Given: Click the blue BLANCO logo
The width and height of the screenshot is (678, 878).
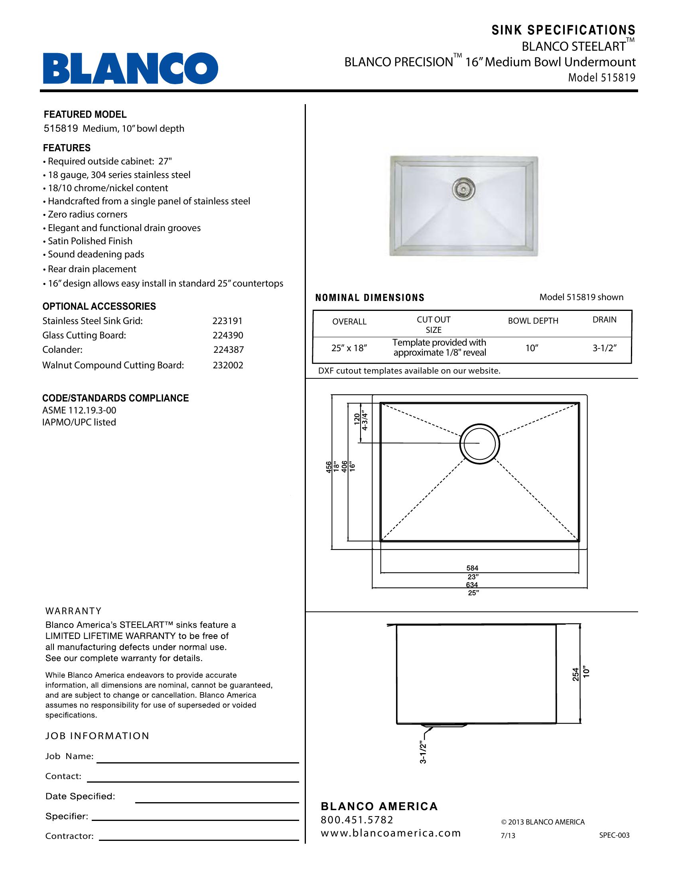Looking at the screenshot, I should click(130, 68).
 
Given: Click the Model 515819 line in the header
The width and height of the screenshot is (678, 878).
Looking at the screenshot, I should click(601, 77).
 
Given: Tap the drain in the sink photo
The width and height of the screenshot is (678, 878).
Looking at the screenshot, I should click(463, 188).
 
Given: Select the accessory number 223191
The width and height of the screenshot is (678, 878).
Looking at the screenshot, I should click(227, 321).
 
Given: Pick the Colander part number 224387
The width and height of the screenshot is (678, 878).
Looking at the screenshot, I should click(228, 350).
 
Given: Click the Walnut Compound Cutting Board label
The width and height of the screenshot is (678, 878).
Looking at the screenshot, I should click(113, 365).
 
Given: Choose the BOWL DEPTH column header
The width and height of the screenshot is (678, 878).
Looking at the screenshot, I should click(533, 321).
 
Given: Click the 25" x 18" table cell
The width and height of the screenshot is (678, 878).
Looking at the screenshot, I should click(349, 348).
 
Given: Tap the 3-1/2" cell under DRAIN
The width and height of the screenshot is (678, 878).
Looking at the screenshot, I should click(604, 348).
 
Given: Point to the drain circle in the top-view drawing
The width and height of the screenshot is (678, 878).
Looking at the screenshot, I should click(479, 443).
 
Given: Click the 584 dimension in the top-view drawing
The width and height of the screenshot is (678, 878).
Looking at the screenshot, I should click(472, 568).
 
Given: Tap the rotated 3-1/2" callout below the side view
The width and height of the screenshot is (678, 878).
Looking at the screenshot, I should click(422, 753).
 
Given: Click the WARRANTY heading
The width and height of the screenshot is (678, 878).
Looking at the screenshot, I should click(73, 611).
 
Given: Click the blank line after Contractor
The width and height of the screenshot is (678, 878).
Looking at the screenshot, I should click(199, 840).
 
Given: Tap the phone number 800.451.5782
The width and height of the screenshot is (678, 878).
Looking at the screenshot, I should click(357, 819).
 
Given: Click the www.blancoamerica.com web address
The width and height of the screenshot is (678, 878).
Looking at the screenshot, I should click(390, 833).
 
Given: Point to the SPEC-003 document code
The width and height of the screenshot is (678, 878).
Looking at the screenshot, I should click(614, 835).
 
